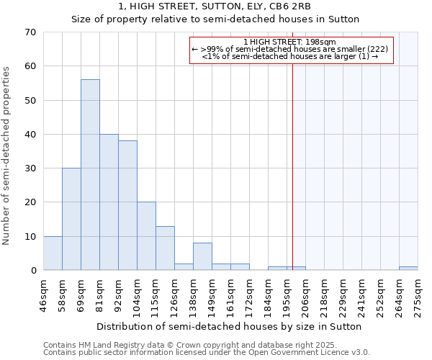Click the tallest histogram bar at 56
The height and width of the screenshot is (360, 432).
[90, 175]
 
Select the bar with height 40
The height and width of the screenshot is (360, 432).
[109, 202]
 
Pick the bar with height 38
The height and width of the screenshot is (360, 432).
[127, 205]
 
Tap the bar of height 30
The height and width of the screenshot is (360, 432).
[71, 219]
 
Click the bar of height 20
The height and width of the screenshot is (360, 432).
[146, 236]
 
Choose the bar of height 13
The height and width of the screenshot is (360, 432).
[165, 248]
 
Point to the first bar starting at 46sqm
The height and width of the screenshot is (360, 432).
[53, 253]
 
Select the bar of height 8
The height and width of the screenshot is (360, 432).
[202, 257]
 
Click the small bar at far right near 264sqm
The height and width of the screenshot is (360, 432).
[408, 269]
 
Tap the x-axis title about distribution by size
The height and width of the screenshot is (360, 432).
[229, 326]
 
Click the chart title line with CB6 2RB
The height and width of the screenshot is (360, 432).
[215, 6]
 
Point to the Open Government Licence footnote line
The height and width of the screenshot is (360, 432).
[207, 353]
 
